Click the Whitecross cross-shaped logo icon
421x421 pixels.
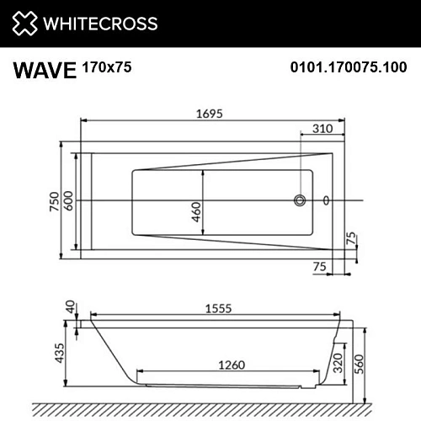point(25,23)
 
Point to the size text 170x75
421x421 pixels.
point(107,65)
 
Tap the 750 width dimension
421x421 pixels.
point(55,202)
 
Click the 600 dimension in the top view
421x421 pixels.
point(69,202)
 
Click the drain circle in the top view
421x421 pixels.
point(298,201)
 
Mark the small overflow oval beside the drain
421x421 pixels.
point(327,201)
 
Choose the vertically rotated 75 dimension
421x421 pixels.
point(352,240)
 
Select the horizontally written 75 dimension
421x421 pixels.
point(320,266)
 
